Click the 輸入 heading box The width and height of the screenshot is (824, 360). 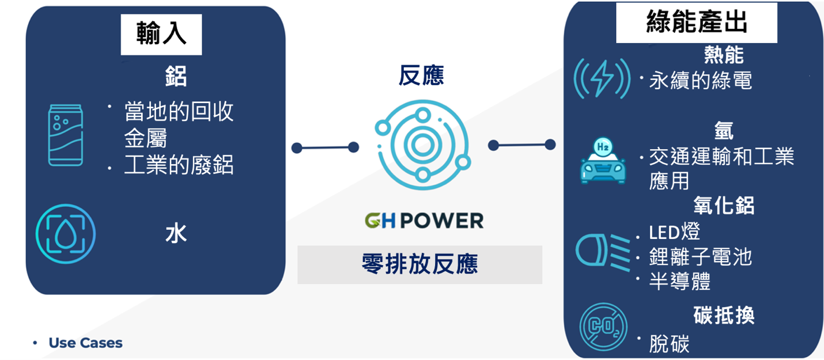tap(161, 35)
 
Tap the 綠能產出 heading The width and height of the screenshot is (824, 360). tap(697, 23)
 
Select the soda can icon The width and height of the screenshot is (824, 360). tap(65, 135)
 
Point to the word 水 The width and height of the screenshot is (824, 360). tap(176, 234)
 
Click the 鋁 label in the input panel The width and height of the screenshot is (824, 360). tap(176, 77)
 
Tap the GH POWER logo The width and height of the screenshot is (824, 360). tap(424, 220)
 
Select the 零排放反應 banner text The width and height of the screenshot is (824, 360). tap(419, 264)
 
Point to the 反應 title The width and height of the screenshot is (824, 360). tap(421, 75)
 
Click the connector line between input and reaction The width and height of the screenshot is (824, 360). tap(325, 148)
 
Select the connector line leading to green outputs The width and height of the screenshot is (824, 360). tap(521, 145)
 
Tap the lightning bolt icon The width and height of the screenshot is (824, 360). tap(602, 79)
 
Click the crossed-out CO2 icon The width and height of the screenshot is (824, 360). tap(603, 327)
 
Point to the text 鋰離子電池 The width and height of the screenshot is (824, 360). tap(700, 256)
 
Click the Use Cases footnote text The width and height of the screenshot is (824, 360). tap(85, 343)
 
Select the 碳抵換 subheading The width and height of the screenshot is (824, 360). tap(724, 316)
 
